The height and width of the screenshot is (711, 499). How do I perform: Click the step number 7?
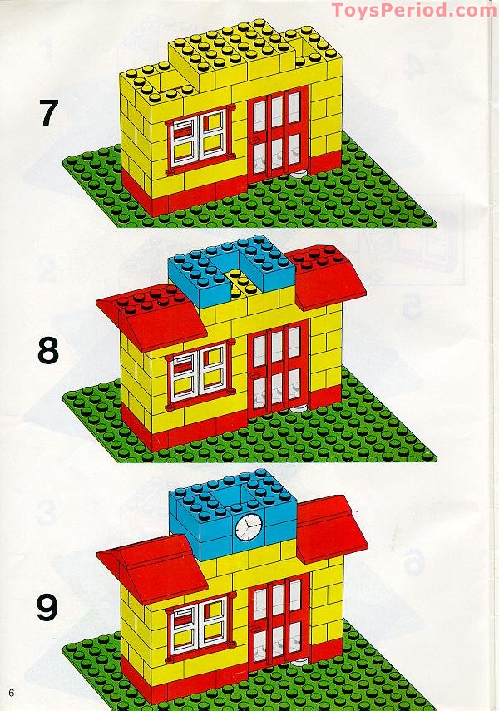point(49,112)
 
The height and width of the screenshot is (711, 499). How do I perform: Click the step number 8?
point(49,351)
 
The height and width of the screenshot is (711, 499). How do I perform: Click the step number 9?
point(48,607)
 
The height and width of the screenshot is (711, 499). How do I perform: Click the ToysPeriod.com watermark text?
point(413,11)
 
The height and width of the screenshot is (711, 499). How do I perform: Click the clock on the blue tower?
point(247,526)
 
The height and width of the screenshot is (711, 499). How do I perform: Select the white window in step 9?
point(199,624)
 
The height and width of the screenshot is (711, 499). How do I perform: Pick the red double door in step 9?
point(278,620)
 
